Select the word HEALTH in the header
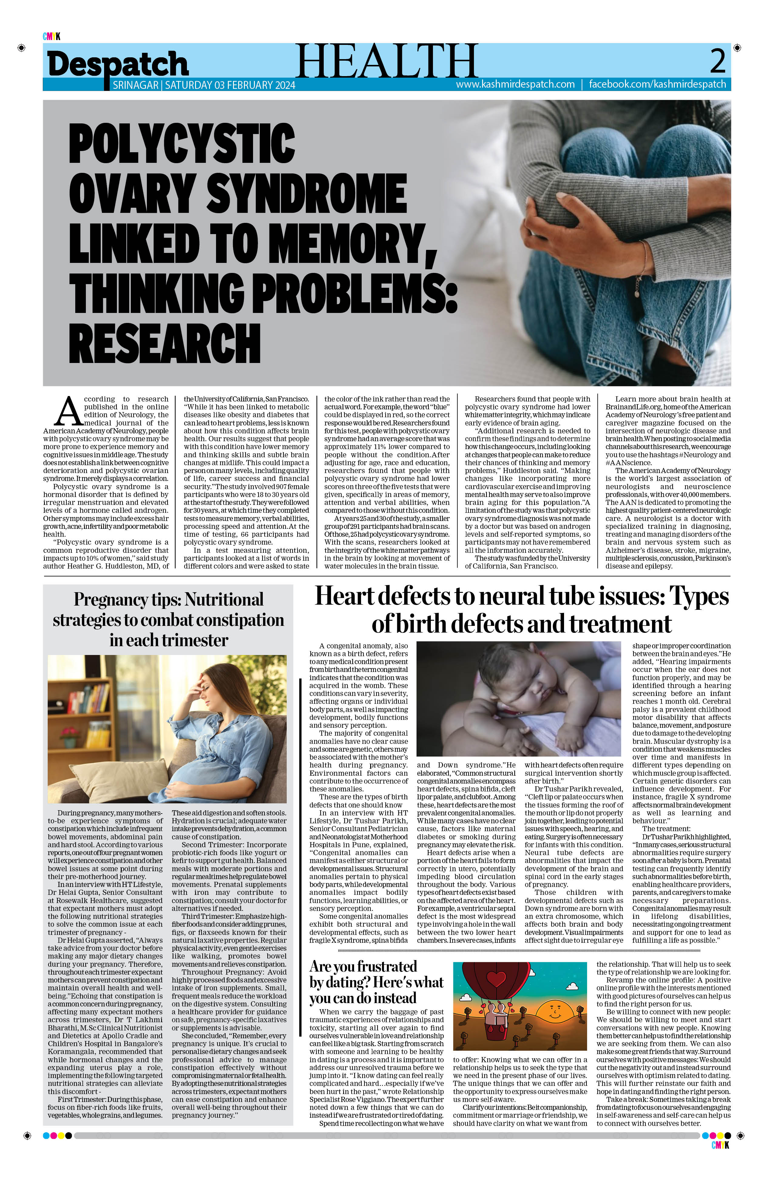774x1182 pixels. coord(387,61)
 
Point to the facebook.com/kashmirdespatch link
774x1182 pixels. coord(657,84)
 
